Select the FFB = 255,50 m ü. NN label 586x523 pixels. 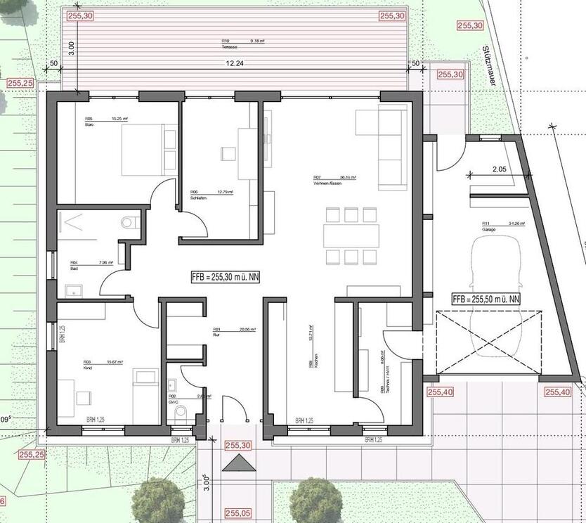487,299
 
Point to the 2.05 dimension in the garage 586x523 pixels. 499,169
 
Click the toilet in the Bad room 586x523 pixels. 129,222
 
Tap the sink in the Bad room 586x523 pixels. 73,290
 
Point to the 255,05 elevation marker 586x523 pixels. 237,514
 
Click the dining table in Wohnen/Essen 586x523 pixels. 351,235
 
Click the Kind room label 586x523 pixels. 89,368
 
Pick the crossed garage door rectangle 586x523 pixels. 489,343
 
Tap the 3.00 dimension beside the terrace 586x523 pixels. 70,49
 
